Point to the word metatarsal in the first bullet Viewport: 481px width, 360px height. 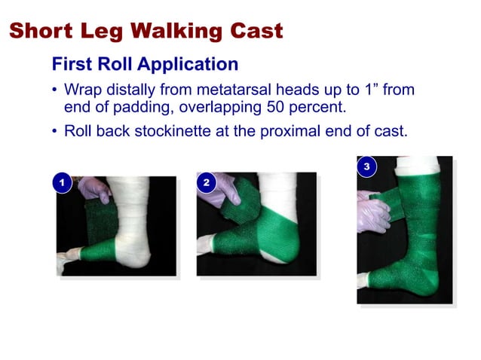point(234,90)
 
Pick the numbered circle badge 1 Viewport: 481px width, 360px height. point(61,183)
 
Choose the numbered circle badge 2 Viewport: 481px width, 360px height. point(205,183)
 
